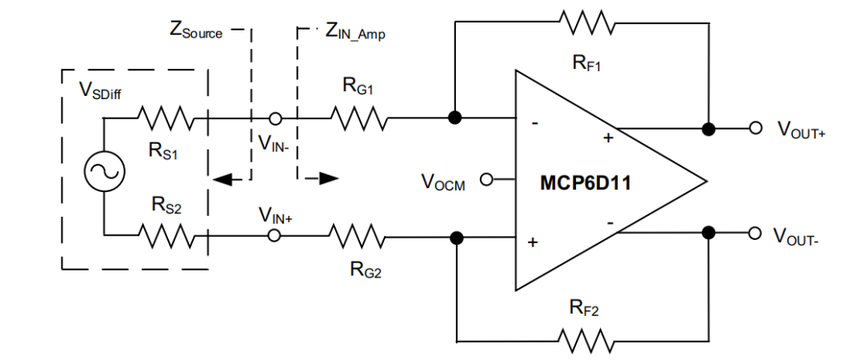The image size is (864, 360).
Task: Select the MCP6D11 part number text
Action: click(x=586, y=184)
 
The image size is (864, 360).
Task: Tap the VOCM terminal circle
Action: click(x=484, y=179)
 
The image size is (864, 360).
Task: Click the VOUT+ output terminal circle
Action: click(x=754, y=128)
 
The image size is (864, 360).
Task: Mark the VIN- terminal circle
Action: click(x=274, y=118)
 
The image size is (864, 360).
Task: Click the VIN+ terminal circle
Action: click(x=274, y=236)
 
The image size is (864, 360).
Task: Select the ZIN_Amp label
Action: click(x=354, y=32)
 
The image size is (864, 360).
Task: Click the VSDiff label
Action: click(x=100, y=90)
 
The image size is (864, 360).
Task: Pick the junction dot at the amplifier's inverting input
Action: click(x=455, y=118)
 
